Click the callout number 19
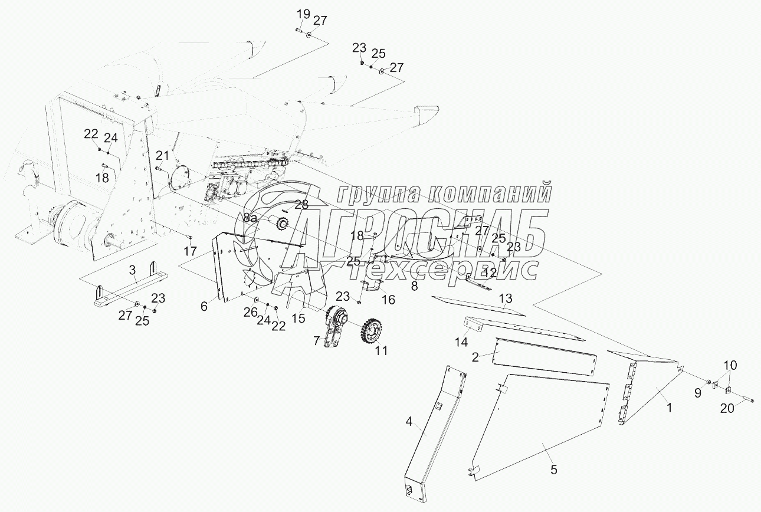tap(303, 14)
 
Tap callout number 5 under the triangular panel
tap(553, 470)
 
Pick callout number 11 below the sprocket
tap(382, 350)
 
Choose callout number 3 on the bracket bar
tap(133, 270)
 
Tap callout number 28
tap(301, 205)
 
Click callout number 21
tap(162, 156)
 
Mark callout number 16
tap(388, 300)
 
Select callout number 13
tap(506, 298)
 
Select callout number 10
tap(730, 366)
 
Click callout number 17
tap(190, 251)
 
